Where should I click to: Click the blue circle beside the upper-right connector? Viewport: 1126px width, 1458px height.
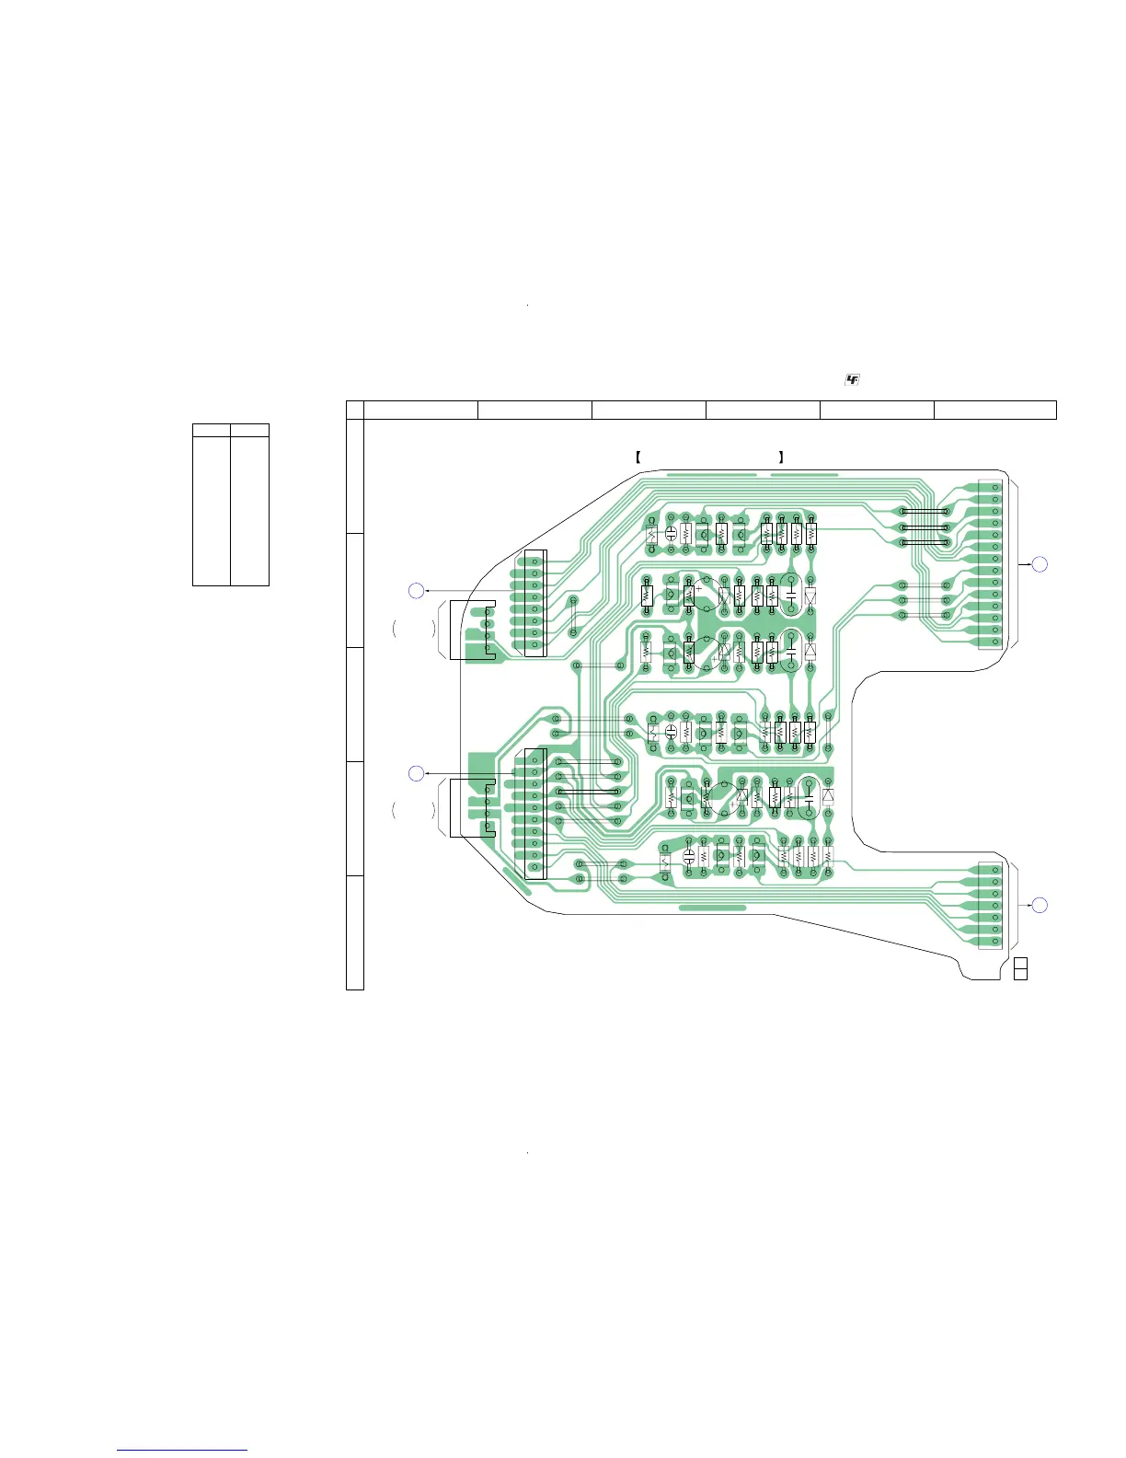point(1039,563)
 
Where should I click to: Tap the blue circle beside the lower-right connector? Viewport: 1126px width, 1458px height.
point(1039,905)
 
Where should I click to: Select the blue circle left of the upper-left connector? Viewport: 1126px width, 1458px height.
point(417,591)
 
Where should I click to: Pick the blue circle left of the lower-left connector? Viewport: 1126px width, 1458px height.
point(417,774)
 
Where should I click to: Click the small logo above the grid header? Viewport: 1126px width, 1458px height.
point(852,380)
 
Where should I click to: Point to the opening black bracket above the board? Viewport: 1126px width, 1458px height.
point(638,457)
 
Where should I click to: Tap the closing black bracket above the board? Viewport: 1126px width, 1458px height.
point(781,457)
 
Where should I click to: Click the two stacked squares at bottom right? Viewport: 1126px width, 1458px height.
point(1019,969)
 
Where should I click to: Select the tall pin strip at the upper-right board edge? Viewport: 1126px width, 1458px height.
point(995,564)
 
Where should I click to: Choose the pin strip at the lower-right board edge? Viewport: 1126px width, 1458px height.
point(995,906)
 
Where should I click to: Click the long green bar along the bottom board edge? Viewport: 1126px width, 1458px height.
point(712,908)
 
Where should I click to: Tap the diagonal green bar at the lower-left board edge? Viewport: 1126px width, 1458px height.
point(517,880)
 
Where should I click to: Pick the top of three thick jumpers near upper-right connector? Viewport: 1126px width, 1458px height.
point(924,512)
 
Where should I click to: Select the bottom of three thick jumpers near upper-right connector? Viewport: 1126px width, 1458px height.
point(924,543)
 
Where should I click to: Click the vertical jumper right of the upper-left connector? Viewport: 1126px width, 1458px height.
point(574,616)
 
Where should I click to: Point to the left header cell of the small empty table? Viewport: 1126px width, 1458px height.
point(211,430)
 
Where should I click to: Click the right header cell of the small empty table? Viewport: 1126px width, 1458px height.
point(249,430)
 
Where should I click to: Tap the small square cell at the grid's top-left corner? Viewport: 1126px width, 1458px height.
point(355,410)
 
